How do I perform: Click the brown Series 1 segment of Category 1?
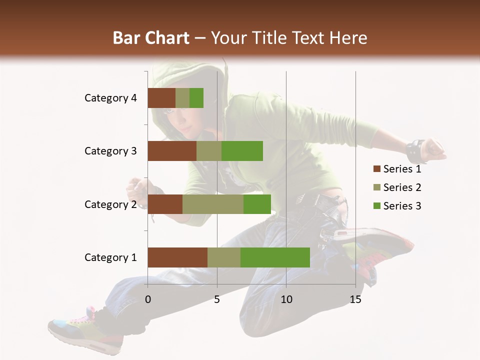click(177, 257)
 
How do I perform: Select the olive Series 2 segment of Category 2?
click(213, 204)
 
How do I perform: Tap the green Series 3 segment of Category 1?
click(275, 257)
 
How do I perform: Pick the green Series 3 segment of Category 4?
click(196, 98)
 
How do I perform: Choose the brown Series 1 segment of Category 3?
click(172, 151)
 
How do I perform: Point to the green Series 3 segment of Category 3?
click(242, 151)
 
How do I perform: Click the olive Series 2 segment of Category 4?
click(182, 98)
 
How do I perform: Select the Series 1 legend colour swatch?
click(376, 169)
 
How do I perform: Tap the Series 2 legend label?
click(402, 187)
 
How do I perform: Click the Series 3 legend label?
click(402, 206)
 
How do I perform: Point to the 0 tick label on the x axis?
click(148, 300)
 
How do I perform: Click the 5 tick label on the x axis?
click(217, 300)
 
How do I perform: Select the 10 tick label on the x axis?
click(286, 300)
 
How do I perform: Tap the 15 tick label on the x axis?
click(355, 300)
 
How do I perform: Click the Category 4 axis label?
click(110, 98)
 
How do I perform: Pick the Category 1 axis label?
click(110, 257)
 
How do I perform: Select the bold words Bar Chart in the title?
click(151, 38)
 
